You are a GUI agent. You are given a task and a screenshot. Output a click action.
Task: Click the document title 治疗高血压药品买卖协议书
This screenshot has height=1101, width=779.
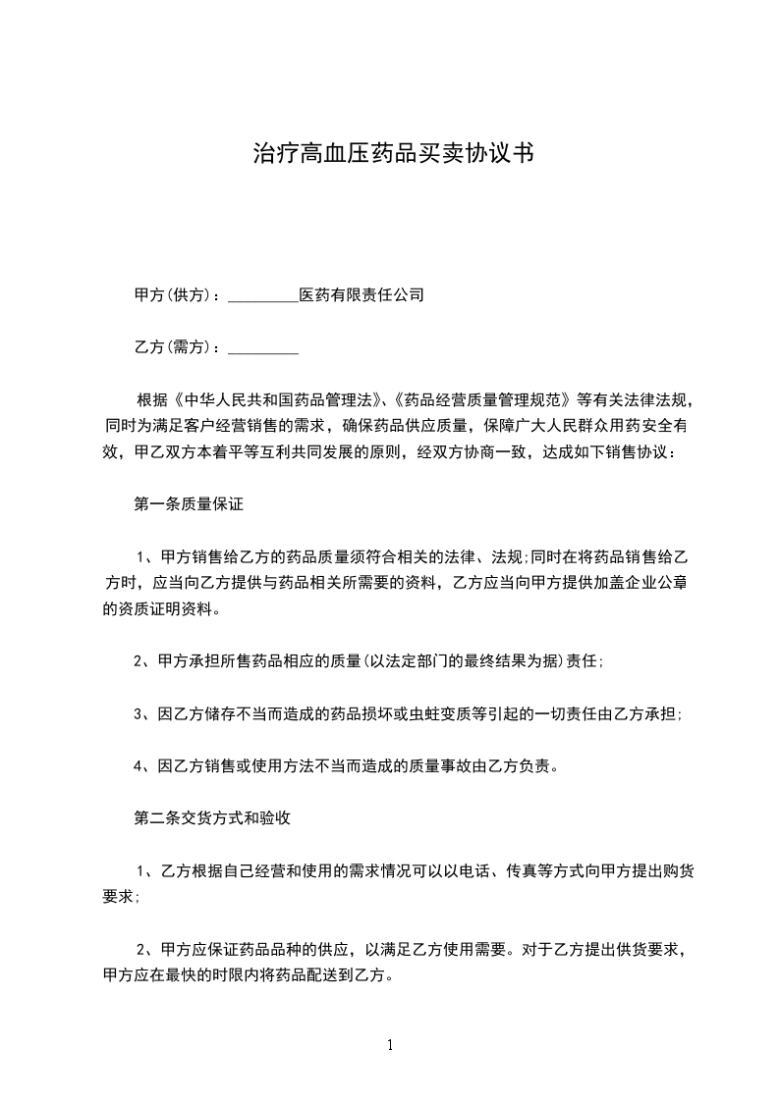point(393,153)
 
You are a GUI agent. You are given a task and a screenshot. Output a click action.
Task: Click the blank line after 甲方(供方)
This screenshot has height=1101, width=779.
point(263,295)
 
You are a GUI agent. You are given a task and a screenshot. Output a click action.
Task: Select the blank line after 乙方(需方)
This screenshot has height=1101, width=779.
point(263,347)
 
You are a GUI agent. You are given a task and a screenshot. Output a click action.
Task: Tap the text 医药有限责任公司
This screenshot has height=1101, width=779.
point(362,294)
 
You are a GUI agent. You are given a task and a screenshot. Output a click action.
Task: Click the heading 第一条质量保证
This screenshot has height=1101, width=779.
point(189,505)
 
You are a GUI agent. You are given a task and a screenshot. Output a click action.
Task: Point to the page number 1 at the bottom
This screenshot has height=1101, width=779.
point(390,1045)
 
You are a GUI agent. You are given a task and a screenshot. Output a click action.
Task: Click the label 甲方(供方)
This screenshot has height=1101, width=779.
point(175,294)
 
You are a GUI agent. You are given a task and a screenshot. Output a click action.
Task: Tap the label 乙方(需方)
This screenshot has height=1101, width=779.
point(175,346)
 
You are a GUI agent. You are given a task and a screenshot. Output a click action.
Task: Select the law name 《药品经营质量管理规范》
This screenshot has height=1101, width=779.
point(484,400)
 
